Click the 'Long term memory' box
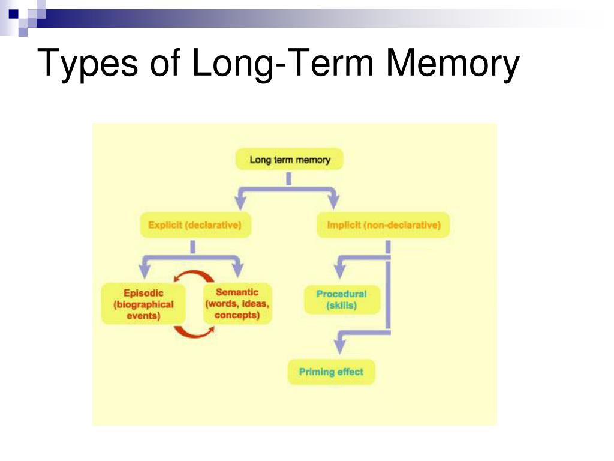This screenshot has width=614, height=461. coord(290,160)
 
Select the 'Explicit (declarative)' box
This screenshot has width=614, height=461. coord(195,226)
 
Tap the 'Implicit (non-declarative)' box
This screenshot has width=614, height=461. coord(383,226)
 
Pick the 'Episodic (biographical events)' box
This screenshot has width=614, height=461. coord(143,304)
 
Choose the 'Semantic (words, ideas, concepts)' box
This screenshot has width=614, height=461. coord(237,304)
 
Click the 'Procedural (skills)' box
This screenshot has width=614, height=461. coord(341,300)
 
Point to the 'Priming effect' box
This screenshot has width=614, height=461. coord(331,372)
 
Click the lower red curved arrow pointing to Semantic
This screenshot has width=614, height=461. coord(193,331)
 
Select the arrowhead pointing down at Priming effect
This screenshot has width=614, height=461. coord(340,347)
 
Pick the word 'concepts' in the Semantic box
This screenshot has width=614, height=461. coord(237,315)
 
